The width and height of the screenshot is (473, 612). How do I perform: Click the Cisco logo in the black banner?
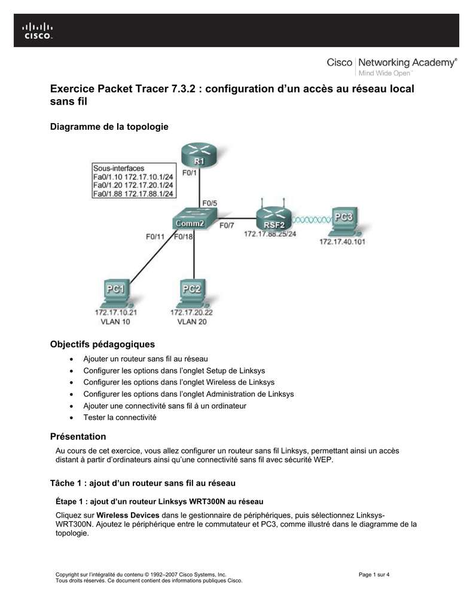click(x=37, y=31)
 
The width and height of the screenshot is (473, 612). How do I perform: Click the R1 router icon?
click(x=199, y=155)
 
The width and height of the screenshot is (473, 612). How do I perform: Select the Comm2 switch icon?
click(x=194, y=219)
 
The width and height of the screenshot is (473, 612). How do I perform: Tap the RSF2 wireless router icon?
click(x=274, y=216)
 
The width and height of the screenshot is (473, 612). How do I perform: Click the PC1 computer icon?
click(x=116, y=293)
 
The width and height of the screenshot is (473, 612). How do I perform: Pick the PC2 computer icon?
click(x=192, y=293)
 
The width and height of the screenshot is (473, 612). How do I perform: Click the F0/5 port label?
click(x=209, y=203)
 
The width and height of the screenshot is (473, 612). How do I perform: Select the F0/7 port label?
click(x=227, y=225)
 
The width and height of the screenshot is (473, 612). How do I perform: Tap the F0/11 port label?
click(x=155, y=237)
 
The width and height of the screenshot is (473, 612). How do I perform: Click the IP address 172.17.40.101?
click(x=342, y=241)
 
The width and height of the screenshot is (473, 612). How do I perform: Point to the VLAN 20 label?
click(x=192, y=322)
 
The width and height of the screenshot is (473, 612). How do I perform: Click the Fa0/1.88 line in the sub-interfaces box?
click(x=133, y=194)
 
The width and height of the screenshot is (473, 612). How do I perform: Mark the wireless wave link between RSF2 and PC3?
click(x=312, y=220)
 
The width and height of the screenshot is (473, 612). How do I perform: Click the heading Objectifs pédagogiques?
click(x=102, y=344)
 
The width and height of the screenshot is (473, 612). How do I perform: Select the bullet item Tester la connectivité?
click(x=120, y=417)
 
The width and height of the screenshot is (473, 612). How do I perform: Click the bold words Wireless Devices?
click(x=128, y=515)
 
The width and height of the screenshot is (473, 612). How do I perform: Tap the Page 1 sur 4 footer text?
click(x=374, y=574)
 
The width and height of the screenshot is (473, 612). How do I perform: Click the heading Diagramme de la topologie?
click(x=109, y=127)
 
